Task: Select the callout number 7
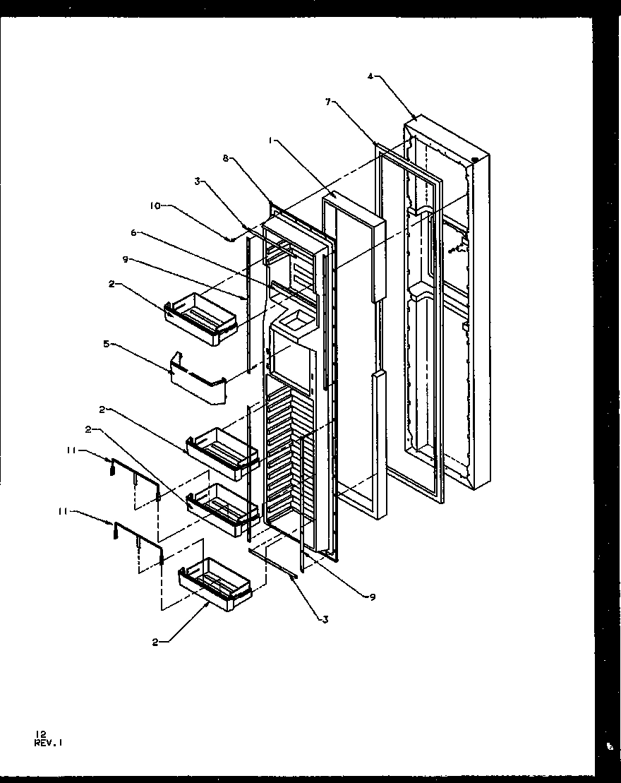click(327, 102)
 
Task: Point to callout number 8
click(225, 159)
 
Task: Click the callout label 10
click(154, 205)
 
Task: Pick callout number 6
click(133, 232)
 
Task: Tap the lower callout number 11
click(63, 512)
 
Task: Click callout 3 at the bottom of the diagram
click(325, 620)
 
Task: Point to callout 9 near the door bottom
click(372, 597)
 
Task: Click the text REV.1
click(52, 742)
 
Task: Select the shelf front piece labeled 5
click(199, 380)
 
